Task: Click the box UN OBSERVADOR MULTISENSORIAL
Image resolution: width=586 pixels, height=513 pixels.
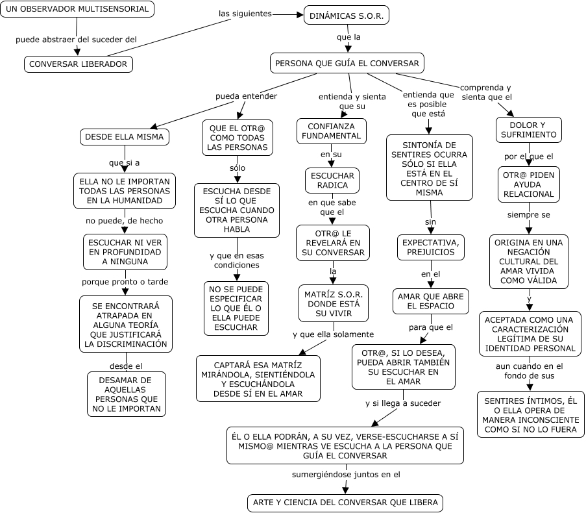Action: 77,9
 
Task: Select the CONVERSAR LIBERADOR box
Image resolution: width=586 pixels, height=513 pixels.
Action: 79,64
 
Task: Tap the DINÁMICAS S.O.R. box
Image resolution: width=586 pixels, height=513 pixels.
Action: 346,15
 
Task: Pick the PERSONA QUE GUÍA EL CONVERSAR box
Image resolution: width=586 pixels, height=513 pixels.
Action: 347,64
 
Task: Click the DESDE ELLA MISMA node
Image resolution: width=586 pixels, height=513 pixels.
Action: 125,137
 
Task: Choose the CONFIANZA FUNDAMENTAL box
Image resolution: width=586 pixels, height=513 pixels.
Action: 332,131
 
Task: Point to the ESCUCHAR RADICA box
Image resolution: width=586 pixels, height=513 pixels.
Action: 332,180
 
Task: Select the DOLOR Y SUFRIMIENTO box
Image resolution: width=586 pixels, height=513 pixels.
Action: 528,129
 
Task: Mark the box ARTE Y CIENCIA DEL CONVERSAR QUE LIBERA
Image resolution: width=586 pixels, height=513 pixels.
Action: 345,503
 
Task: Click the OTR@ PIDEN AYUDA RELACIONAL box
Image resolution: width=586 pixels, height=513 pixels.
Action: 528,184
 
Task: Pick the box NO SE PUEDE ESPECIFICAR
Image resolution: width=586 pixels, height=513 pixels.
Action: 236,308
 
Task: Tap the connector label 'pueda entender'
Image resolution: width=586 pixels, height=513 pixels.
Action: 246,96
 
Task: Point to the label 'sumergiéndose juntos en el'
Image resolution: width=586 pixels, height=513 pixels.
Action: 345,475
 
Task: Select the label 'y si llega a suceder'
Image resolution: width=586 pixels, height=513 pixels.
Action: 403,403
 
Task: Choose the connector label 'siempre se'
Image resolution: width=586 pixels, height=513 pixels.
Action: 529,214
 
